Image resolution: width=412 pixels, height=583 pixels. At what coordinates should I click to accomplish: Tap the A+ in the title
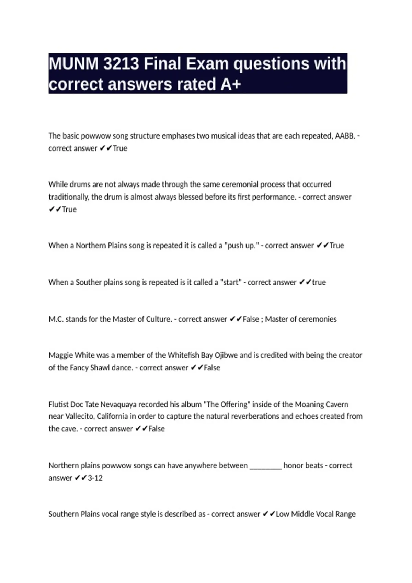[231, 84]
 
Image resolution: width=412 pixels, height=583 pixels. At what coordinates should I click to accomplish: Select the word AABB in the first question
[345, 136]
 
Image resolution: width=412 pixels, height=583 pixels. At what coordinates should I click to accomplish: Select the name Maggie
[60, 355]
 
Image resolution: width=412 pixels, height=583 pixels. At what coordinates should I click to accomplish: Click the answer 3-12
[95, 478]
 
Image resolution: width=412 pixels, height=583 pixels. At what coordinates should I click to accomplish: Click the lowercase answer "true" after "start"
[319, 282]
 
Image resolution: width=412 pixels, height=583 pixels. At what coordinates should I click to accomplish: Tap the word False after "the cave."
[157, 429]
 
